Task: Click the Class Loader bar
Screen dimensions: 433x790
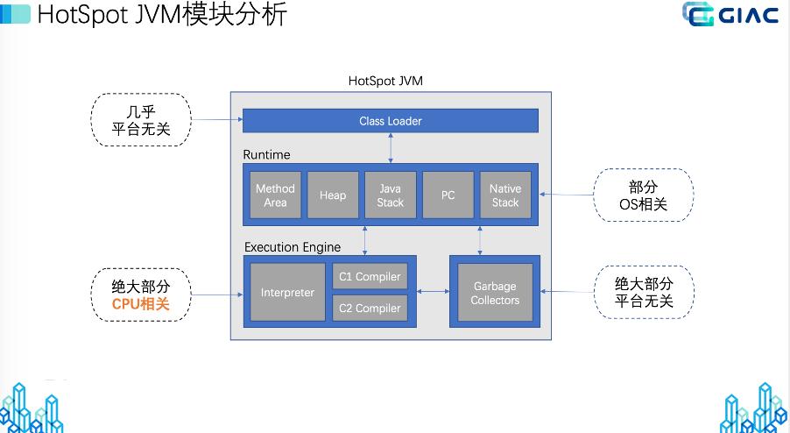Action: [390, 121]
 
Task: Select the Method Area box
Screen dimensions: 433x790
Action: [275, 195]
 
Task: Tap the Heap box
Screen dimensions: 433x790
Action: [333, 195]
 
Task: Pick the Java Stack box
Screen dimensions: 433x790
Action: [390, 195]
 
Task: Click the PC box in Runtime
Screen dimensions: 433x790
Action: [448, 195]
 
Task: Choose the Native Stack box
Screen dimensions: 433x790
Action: [505, 195]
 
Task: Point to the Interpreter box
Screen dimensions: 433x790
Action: [287, 292]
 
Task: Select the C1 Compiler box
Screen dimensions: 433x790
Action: [370, 277]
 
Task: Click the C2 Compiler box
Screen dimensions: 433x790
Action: [370, 308]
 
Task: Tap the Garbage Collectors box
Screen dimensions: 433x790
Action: [495, 293]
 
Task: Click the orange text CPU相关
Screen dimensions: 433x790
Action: [140, 303]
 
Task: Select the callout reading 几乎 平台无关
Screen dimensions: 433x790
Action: [140, 119]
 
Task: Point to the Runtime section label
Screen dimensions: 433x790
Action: [266, 155]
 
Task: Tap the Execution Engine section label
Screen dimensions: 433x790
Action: [293, 247]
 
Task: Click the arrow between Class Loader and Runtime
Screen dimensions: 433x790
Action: [391, 148]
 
